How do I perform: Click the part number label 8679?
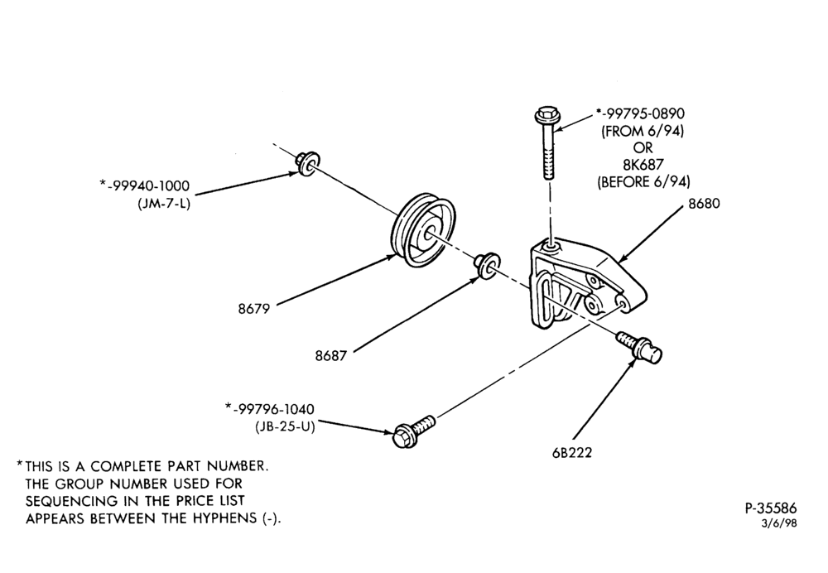click(253, 309)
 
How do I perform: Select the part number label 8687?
click(331, 356)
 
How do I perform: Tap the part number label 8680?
click(704, 204)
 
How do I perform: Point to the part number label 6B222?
click(572, 453)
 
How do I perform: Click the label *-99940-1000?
click(144, 186)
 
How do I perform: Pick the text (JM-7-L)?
click(163, 203)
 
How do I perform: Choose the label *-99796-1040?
click(269, 409)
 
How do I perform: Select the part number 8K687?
click(643, 165)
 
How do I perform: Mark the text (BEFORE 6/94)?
click(643, 182)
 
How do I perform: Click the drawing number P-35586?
click(770, 508)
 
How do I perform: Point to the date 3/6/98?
click(779, 523)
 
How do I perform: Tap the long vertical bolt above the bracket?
click(547, 143)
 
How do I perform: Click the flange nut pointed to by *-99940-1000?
click(307, 162)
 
